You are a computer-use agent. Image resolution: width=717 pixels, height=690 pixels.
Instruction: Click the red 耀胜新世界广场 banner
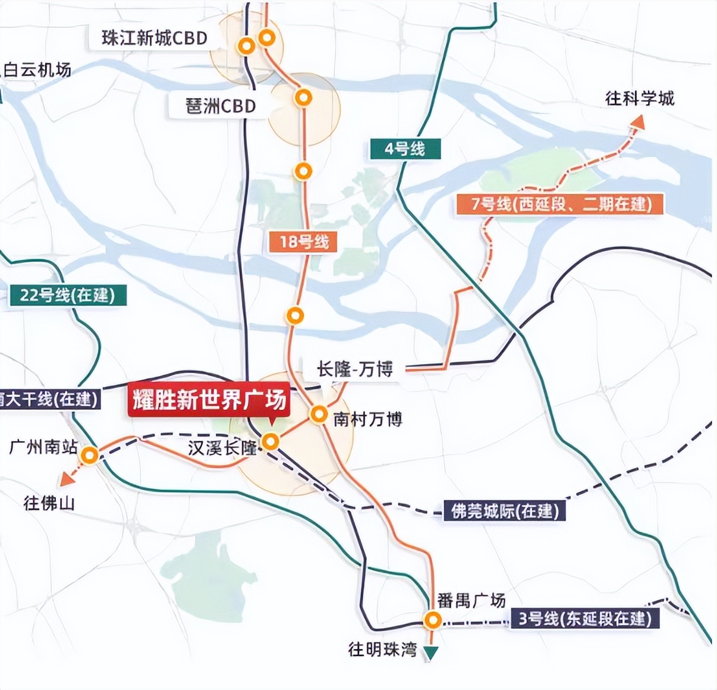pos(209,400)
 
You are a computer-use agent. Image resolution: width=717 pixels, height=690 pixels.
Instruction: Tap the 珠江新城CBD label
pos(155,38)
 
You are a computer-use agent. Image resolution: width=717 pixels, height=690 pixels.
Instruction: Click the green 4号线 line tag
pos(404,148)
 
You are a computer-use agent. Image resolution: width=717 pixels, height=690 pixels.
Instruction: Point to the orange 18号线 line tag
pos(304,241)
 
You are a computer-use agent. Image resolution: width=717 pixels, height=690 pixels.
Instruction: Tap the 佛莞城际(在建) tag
pos(505,510)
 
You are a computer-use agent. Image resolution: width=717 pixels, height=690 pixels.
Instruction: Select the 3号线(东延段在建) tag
pos(585,619)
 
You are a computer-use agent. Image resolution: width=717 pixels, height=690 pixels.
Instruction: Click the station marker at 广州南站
pos(90,456)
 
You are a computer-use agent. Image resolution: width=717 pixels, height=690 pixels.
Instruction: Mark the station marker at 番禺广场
pos(432,621)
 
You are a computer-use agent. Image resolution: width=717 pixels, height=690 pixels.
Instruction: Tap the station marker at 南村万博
pos(319,414)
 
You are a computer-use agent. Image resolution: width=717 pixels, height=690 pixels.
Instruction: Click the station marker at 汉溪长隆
pos(271,441)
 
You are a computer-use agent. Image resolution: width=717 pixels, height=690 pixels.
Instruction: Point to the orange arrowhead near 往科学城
pos(637,121)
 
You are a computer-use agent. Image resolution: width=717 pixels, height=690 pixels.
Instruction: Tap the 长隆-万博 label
pos(355,369)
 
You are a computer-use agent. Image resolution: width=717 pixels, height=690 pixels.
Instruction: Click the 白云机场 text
pos(37,70)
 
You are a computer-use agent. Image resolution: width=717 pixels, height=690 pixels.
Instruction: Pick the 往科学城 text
pos(640,98)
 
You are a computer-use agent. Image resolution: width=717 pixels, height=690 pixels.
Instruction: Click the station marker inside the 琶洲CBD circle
pos(304,96)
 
